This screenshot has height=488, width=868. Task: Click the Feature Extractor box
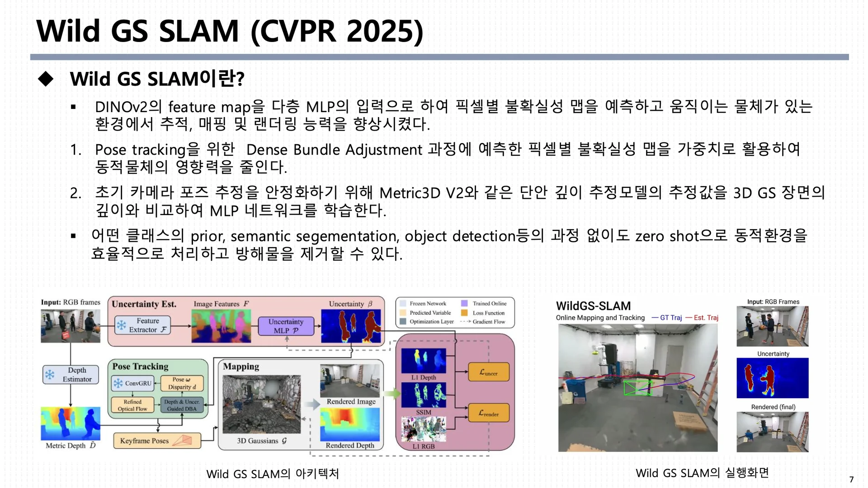click(x=142, y=325)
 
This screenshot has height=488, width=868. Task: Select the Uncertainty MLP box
click(x=286, y=326)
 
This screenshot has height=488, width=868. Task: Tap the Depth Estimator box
click(x=71, y=375)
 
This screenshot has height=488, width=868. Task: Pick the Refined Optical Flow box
click(x=132, y=405)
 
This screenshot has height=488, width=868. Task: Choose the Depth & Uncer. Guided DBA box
click(x=182, y=405)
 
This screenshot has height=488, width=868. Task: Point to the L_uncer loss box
click(x=489, y=372)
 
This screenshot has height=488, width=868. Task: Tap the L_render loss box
click(x=489, y=413)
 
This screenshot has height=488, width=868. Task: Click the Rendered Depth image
click(x=350, y=424)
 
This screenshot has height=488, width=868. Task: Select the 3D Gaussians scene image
click(x=261, y=404)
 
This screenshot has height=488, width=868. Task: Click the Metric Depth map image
click(x=71, y=423)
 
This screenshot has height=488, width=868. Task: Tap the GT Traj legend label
click(x=667, y=318)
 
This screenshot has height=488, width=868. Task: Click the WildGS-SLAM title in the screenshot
click(x=593, y=306)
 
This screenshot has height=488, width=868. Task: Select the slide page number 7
click(x=851, y=479)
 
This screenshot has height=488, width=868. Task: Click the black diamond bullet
click(x=46, y=79)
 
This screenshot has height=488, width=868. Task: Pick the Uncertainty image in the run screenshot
click(x=773, y=378)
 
